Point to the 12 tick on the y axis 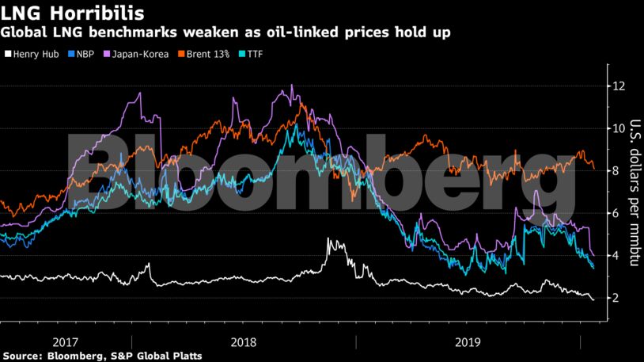pyautogui.click(x=623, y=86)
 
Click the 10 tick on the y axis pyautogui.click(x=623, y=128)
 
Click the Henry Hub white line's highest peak pyautogui.click(x=328, y=239)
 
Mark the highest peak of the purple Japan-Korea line pyautogui.click(x=292, y=86)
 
